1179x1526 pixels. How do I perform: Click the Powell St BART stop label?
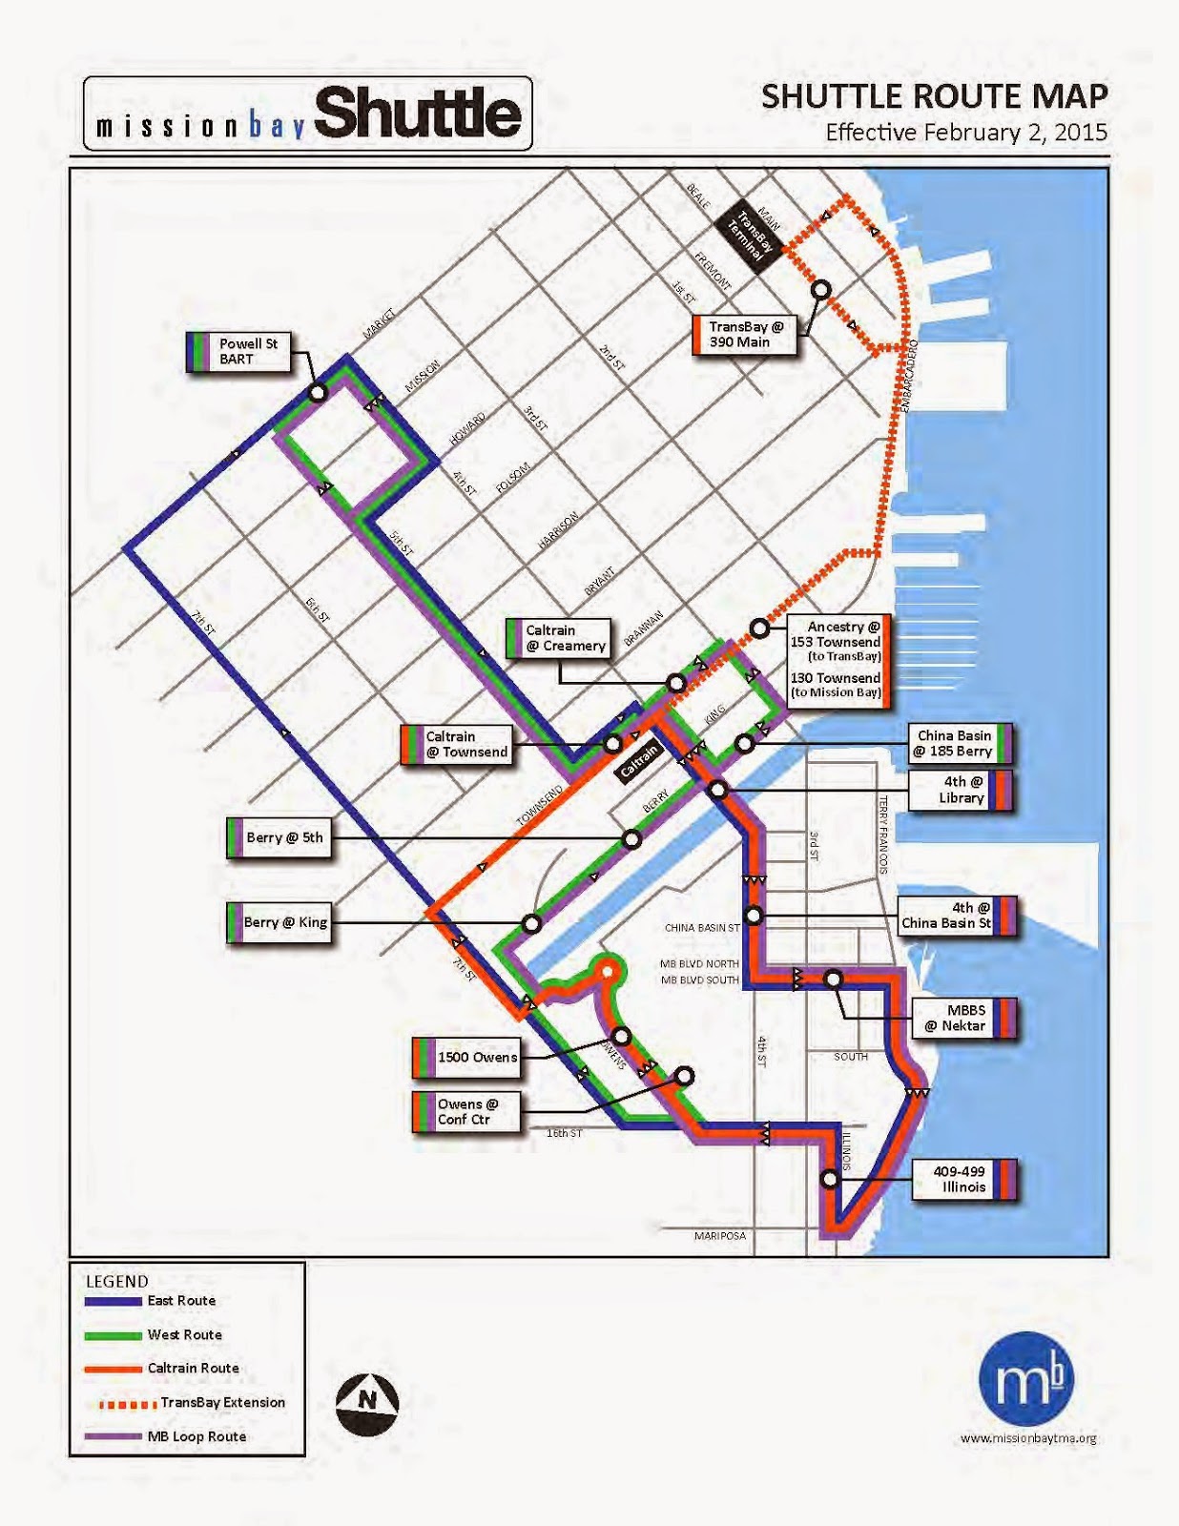(241, 352)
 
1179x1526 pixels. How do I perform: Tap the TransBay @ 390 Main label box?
(745, 335)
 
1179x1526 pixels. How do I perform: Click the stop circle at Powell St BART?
(318, 392)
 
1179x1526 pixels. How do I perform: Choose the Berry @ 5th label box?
(280, 838)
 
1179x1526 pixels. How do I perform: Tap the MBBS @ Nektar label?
(965, 1019)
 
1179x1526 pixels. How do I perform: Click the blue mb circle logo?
(1026, 1379)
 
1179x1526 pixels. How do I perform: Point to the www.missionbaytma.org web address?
(1028, 1438)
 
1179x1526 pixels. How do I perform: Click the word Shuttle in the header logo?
(417, 114)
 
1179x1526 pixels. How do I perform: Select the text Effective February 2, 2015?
(965, 133)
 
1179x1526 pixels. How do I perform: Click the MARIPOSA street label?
(720, 1236)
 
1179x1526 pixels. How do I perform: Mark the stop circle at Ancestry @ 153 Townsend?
(759, 629)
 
